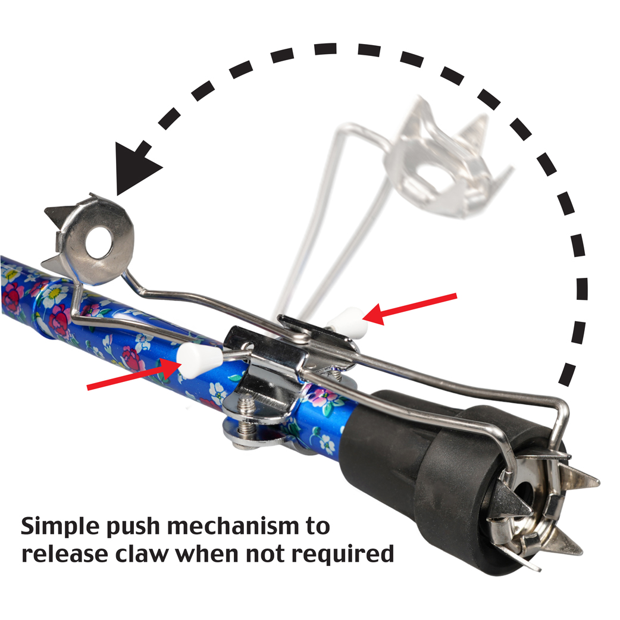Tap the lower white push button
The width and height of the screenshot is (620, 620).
tap(192, 358)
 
